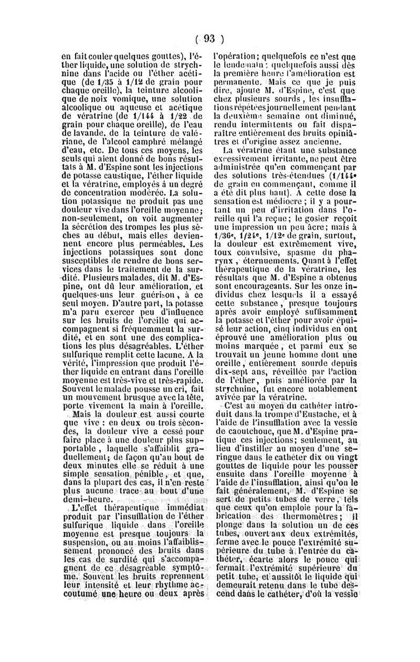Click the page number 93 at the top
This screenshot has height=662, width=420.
(x=209, y=38)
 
